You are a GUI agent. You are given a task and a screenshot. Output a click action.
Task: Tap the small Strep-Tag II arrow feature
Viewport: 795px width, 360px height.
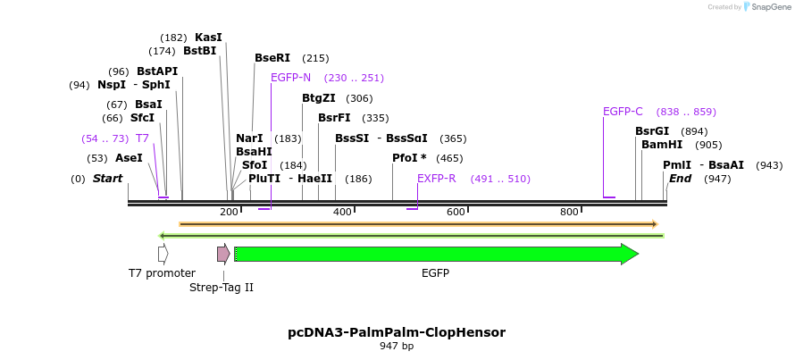pyautogui.click(x=223, y=255)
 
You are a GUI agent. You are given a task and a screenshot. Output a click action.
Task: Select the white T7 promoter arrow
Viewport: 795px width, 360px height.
pyautogui.click(x=163, y=255)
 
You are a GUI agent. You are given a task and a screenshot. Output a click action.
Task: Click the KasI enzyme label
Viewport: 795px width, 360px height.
pyautogui.click(x=208, y=38)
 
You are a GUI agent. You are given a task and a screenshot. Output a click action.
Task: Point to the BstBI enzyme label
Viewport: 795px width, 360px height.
pyautogui.click(x=200, y=51)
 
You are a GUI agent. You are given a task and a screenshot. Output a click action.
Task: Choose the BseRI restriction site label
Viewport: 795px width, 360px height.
pyautogui.click(x=272, y=58)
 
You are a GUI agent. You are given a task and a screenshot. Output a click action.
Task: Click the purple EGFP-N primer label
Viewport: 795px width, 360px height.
pyautogui.click(x=290, y=78)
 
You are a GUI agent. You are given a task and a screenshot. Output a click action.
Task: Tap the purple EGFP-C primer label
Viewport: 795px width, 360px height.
pyautogui.click(x=623, y=112)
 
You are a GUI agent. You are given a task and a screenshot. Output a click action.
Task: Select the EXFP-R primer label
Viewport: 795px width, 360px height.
pyautogui.click(x=437, y=179)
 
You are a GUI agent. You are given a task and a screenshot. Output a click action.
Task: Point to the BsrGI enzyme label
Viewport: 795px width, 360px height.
pyautogui.click(x=652, y=131)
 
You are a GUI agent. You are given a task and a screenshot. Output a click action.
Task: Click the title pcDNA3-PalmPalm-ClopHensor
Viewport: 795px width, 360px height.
pyautogui.click(x=397, y=332)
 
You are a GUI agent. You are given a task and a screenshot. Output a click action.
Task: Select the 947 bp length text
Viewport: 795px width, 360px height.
pyautogui.click(x=397, y=347)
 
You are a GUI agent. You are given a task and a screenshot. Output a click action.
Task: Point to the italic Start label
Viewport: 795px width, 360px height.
pyautogui.click(x=107, y=179)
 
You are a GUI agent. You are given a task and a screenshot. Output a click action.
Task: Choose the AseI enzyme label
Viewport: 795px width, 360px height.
pyautogui.click(x=128, y=158)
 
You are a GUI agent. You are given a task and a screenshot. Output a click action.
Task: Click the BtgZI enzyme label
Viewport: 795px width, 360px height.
pyautogui.click(x=319, y=98)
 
